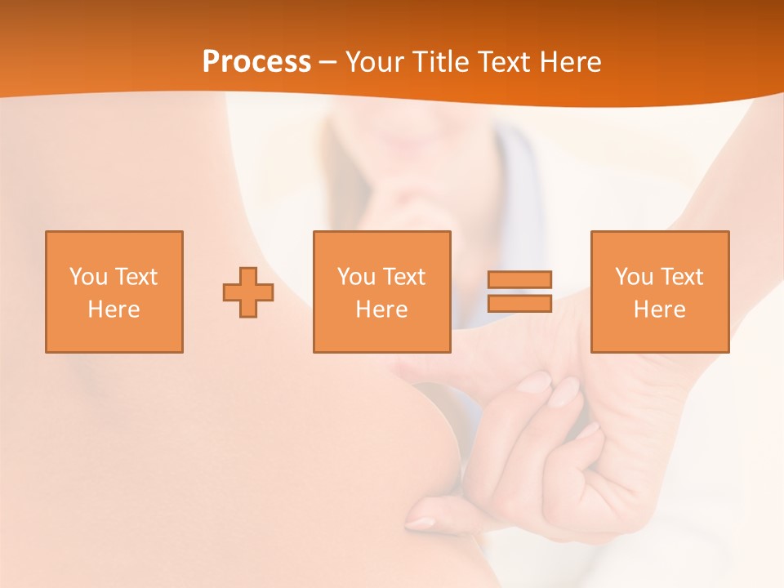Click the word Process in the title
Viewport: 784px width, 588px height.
coord(256,62)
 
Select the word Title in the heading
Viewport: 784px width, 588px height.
coord(444,62)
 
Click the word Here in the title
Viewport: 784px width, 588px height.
coord(571,62)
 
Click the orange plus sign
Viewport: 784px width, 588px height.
coord(248,292)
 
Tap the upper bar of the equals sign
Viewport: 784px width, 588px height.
coord(519,279)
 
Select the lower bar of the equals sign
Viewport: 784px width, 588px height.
coord(519,303)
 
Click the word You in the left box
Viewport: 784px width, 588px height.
coord(88,277)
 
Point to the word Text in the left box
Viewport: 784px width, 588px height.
coord(135,277)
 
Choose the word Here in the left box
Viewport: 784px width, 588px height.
coord(114,310)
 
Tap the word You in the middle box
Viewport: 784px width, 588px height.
coord(356,277)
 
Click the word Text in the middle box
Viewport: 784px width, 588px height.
coord(403,277)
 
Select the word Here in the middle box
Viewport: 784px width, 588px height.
coord(381,310)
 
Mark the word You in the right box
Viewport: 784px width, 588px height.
coord(634,277)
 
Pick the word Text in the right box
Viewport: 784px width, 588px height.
coord(680,277)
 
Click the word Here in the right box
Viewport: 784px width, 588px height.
coord(659,310)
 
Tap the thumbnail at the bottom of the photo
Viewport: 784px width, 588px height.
coord(421,523)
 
